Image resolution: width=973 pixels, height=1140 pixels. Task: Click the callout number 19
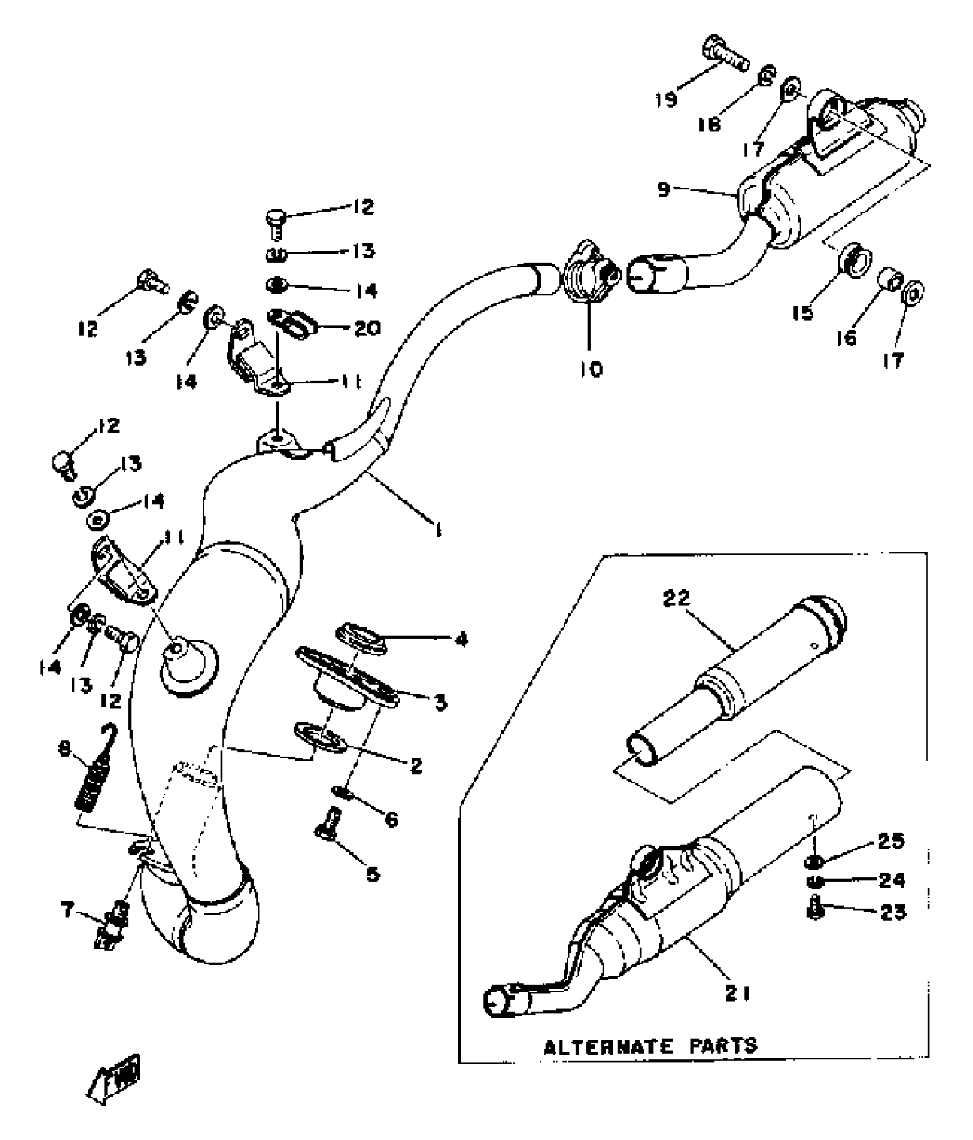[x=667, y=99]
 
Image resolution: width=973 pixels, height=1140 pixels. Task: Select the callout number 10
[x=591, y=370]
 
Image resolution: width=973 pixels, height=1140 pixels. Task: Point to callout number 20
[x=366, y=328]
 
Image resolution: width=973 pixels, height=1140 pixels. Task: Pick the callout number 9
[x=663, y=189]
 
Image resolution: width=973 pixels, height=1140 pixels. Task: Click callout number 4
[x=461, y=639]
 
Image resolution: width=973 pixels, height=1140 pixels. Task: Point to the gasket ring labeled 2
[x=319, y=737]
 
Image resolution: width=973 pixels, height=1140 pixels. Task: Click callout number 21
[x=737, y=994]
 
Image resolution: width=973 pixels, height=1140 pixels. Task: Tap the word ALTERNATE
[x=608, y=1047]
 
